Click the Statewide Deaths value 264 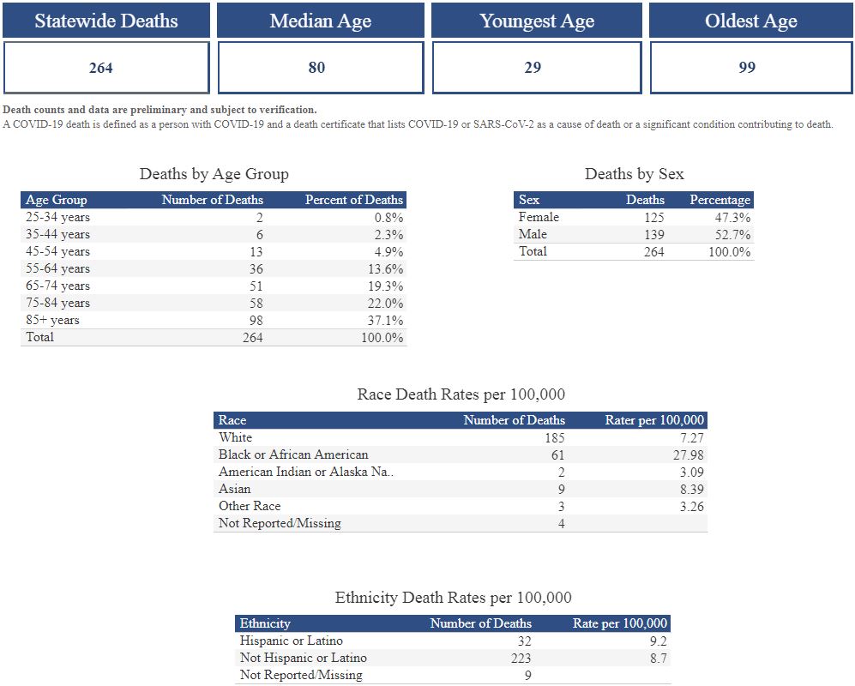click(101, 68)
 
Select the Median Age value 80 click(316, 68)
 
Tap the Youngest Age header click(537, 21)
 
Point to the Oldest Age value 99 click(747, 68)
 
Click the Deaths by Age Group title click(214, 174)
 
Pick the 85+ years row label click(52, 320)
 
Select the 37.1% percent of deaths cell click(383, 320)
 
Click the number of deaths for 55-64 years click(255, 268)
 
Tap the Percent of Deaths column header click(353, 200)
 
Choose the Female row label click(539, 217)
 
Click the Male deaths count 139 click(653, 234)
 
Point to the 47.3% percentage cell click(732, 217)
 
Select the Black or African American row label click(293, 454)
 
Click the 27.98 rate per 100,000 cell click(688, 454)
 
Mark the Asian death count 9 click(561, 489)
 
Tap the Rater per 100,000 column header click(654, 420)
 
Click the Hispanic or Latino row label click(291, 641)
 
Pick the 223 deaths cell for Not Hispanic click(519, 658)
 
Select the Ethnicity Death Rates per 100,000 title click(453, 598)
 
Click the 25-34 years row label click(57, 217)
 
